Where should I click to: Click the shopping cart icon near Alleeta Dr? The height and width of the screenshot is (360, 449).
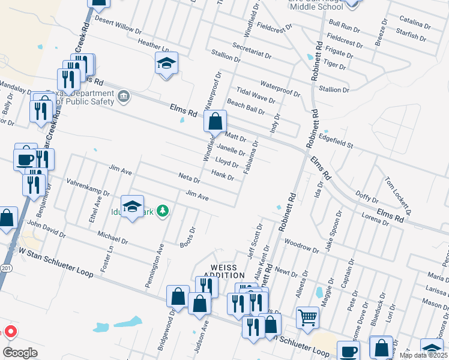(307, 316)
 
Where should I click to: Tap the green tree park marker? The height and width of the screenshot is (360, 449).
(162, 211)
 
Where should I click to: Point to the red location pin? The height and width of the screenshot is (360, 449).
(10, 332)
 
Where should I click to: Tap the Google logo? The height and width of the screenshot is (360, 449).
(19, 353)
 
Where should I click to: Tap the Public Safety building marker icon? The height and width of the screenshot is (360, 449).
(124, 96)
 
